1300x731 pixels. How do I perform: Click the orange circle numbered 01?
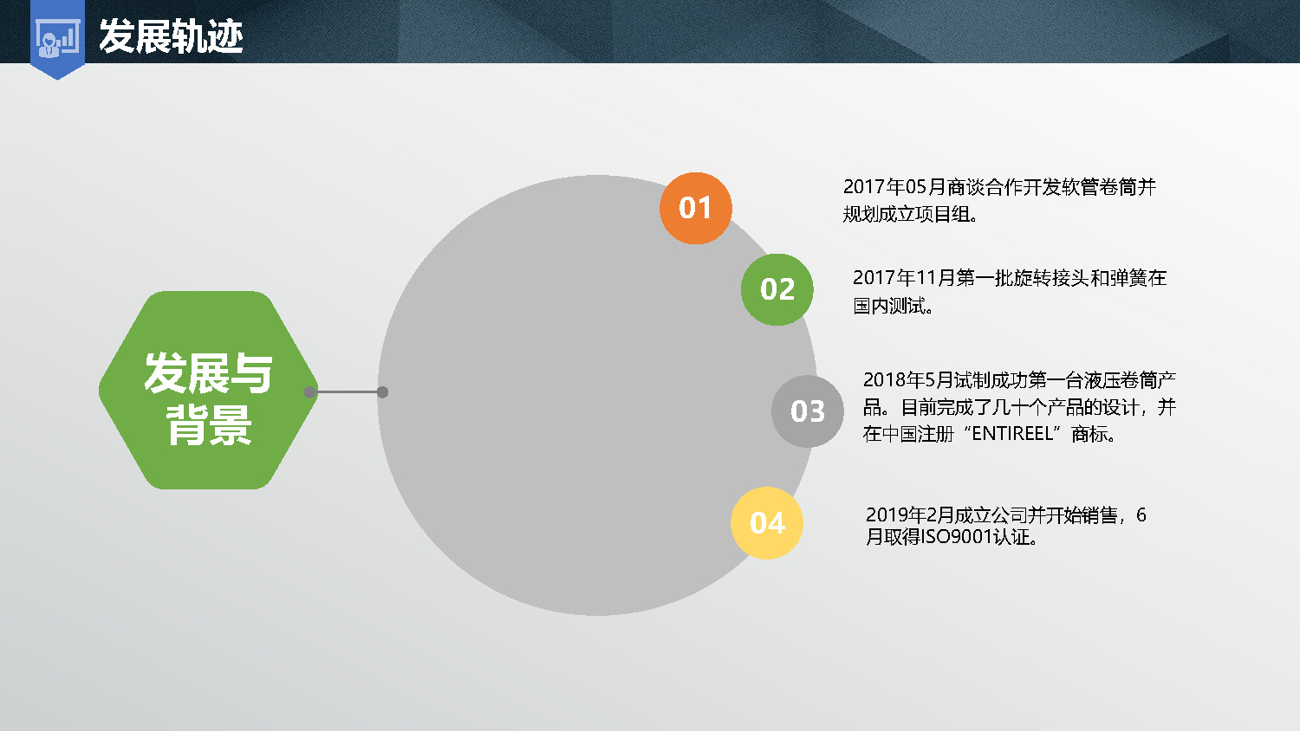pyautogui.click(x=695, y=208)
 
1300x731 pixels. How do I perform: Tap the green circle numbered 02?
pyautogui.click(x=777, y=289)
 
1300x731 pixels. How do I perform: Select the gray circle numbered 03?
pyautogui.click(x=807, y=411)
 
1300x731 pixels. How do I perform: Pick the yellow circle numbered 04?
pyautogui.click(x=767, y=523)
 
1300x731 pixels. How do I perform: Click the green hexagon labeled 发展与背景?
pyautogui.click(x=208, y=390)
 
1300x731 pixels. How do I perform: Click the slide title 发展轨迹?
pyautogui.click(x=171, y=36)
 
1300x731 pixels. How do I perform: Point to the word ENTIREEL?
pyautogui.click(x=1012, y=433)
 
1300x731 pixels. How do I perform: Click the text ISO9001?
pyautogui.click(x=957, y=537)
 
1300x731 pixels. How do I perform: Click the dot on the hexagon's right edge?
pyautogui.click(x=310, y=392)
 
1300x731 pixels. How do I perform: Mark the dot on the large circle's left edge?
pyautogui.click(x=382, y=392)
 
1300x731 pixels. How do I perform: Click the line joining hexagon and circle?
pyautogui.click(x=347, y=392)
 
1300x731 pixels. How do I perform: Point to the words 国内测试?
pyautogui.click(x=888, y=305)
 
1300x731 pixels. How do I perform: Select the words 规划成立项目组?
pyautogui.click(x=906, y=214)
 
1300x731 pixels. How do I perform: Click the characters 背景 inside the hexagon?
pyautogui.click(x=209, y=425)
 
